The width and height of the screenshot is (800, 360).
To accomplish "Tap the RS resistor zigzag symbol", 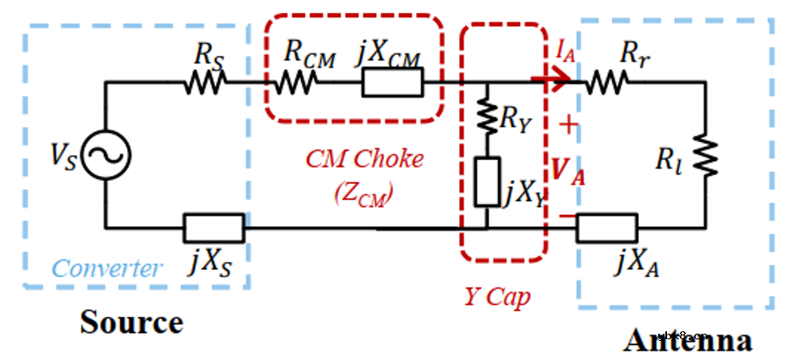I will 205,81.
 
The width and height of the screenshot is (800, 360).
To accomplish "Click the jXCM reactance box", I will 392,81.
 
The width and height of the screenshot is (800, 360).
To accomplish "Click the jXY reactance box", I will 486,181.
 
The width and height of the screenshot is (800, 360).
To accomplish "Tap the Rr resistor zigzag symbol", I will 607,81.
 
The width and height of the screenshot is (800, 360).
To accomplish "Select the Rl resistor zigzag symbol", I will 706,155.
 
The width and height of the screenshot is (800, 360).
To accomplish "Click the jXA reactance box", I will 607,228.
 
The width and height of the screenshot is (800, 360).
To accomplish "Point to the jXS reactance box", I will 214,228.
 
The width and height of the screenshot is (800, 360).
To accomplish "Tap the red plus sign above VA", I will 567,123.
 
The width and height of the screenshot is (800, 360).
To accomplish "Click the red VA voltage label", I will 568,170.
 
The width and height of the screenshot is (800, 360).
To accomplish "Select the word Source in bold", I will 131,322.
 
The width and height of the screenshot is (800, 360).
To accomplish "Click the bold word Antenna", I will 688,341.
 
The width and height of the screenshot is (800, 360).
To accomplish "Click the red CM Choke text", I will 363,158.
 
